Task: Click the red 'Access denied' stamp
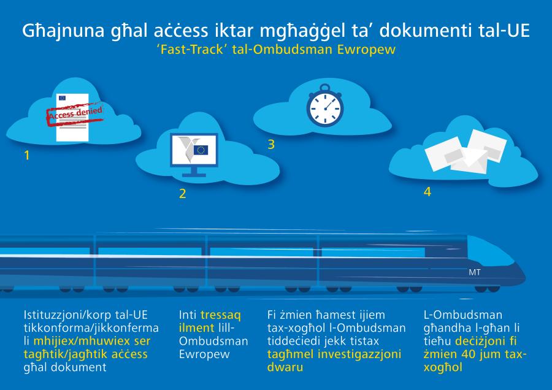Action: coord(75,115)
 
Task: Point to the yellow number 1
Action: coord(26,155)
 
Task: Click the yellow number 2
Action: coord(182,194)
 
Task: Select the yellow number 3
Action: coord(270,145)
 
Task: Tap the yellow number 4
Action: coord(427,192)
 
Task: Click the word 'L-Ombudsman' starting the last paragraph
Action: coord(454,313)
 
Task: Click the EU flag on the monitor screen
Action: coord(201,150)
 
